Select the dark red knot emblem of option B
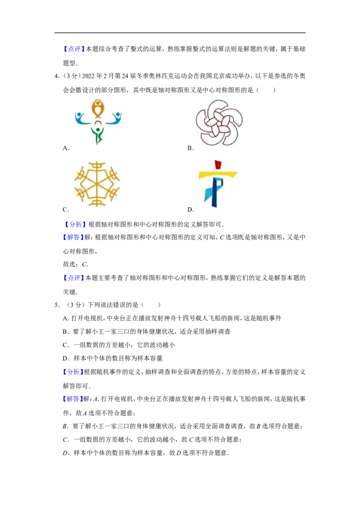tap(219, 122)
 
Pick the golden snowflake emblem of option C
tap(97, 184)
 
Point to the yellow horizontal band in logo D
tap(218, 174)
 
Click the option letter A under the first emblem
tap(66, 148)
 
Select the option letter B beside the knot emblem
tap(190, 148)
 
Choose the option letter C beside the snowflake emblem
tap(66, 210)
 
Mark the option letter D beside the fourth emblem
tap(190, 210)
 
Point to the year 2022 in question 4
tap(88, 76)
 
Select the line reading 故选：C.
tap(76, 264)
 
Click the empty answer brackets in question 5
tap(151, 305)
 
